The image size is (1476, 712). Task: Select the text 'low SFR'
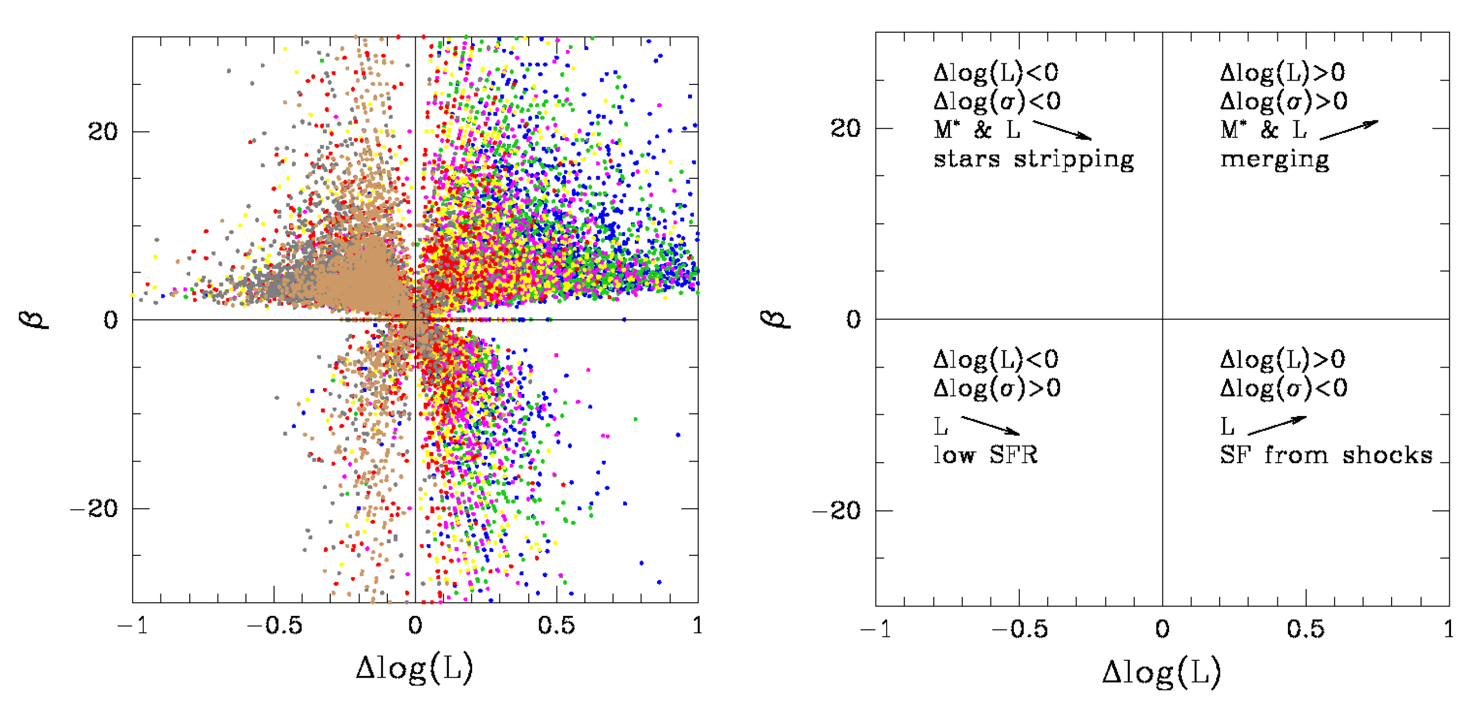(985, 455)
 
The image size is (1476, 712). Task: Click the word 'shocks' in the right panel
(1387, 455)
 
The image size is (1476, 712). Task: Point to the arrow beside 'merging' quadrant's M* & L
(1349, 129)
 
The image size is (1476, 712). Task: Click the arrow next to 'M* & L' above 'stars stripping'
(1061, 129)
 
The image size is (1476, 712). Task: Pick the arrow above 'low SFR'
(989, 425)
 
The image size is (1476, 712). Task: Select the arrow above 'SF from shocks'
(1277, 425)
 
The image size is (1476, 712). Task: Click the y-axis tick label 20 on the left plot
(103, 131)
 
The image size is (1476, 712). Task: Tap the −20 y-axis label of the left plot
(94, 509)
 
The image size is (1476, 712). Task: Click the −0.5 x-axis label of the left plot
(275, 625)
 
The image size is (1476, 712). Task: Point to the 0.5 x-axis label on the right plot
(1305, 629)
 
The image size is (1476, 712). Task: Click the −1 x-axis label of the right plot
(876, 629)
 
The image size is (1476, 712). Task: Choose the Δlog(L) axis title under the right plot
(1161, 672)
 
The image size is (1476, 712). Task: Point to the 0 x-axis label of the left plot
(415, 625)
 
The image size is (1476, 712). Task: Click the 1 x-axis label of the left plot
(697, 625)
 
